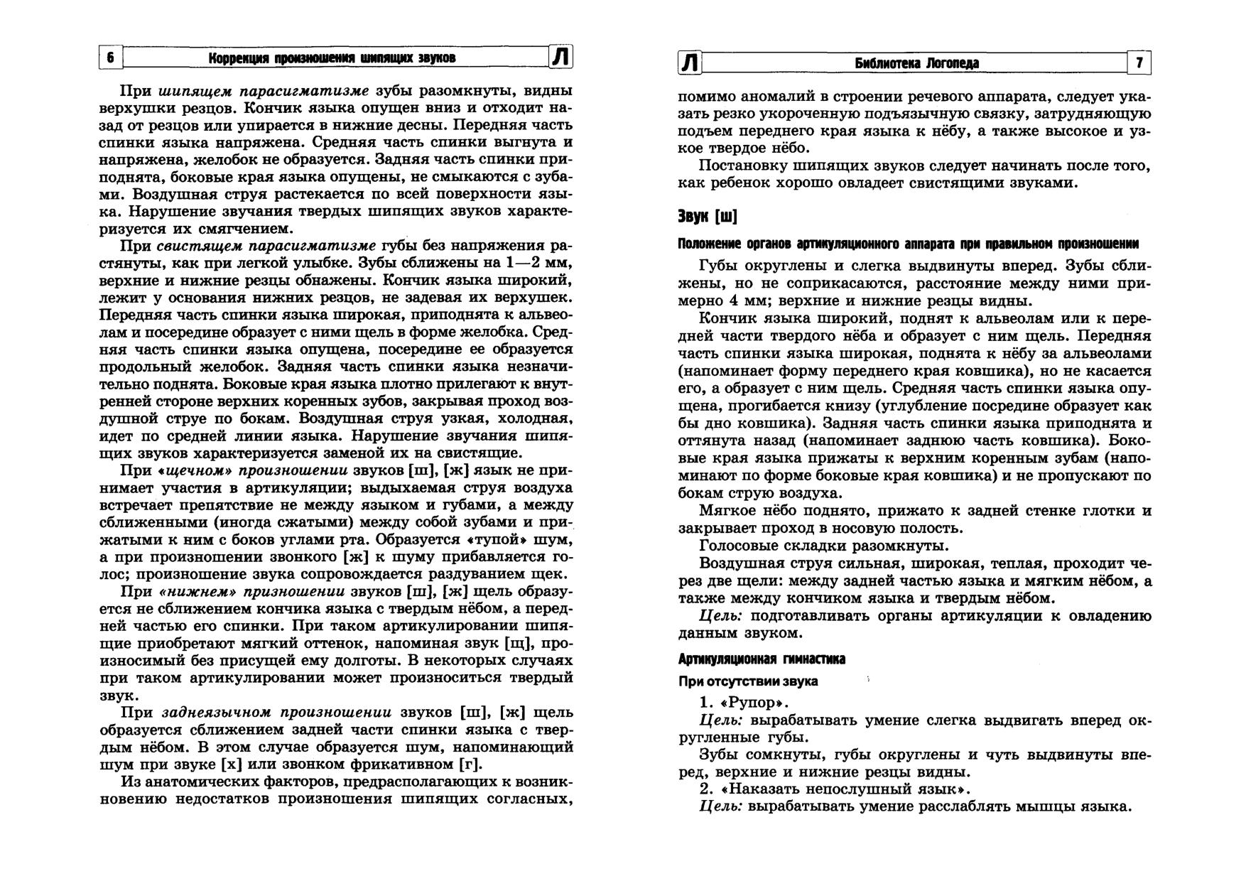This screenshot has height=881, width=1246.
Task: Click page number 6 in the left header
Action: click(x=110, y=58)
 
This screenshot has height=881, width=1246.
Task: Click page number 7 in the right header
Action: click(x=1139, y=63)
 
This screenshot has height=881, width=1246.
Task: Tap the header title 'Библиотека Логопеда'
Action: click(x=916, y=63)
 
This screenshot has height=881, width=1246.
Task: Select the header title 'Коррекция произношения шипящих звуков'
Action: click(x=332, y=58)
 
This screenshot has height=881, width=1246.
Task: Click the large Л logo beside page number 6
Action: click(x=561, y=57)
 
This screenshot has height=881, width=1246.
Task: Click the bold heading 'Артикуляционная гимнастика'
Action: click(x=762, y=659)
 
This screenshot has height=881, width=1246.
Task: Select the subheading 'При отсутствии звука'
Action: click(x=748, y=681)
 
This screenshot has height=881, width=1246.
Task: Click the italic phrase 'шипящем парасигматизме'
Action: click(x=263, y=92)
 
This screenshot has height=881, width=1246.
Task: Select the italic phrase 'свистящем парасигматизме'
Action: click(x=266, y=246)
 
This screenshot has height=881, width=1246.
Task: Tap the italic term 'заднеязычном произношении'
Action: click(x=277, y=713)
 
